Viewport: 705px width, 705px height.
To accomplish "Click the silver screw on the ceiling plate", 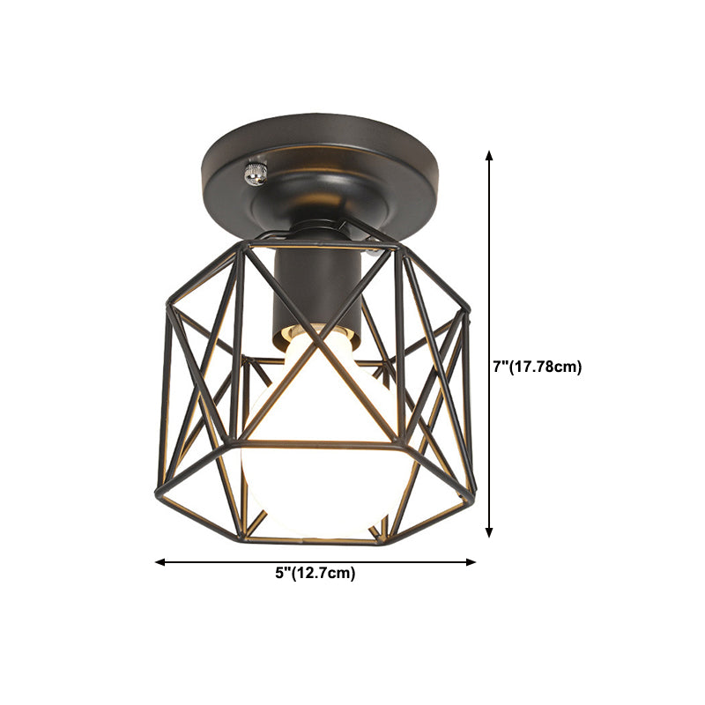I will [256, 172].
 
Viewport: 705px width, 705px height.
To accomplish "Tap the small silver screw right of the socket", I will [377, 251].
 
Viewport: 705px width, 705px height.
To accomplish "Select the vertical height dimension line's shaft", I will [490, 264].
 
